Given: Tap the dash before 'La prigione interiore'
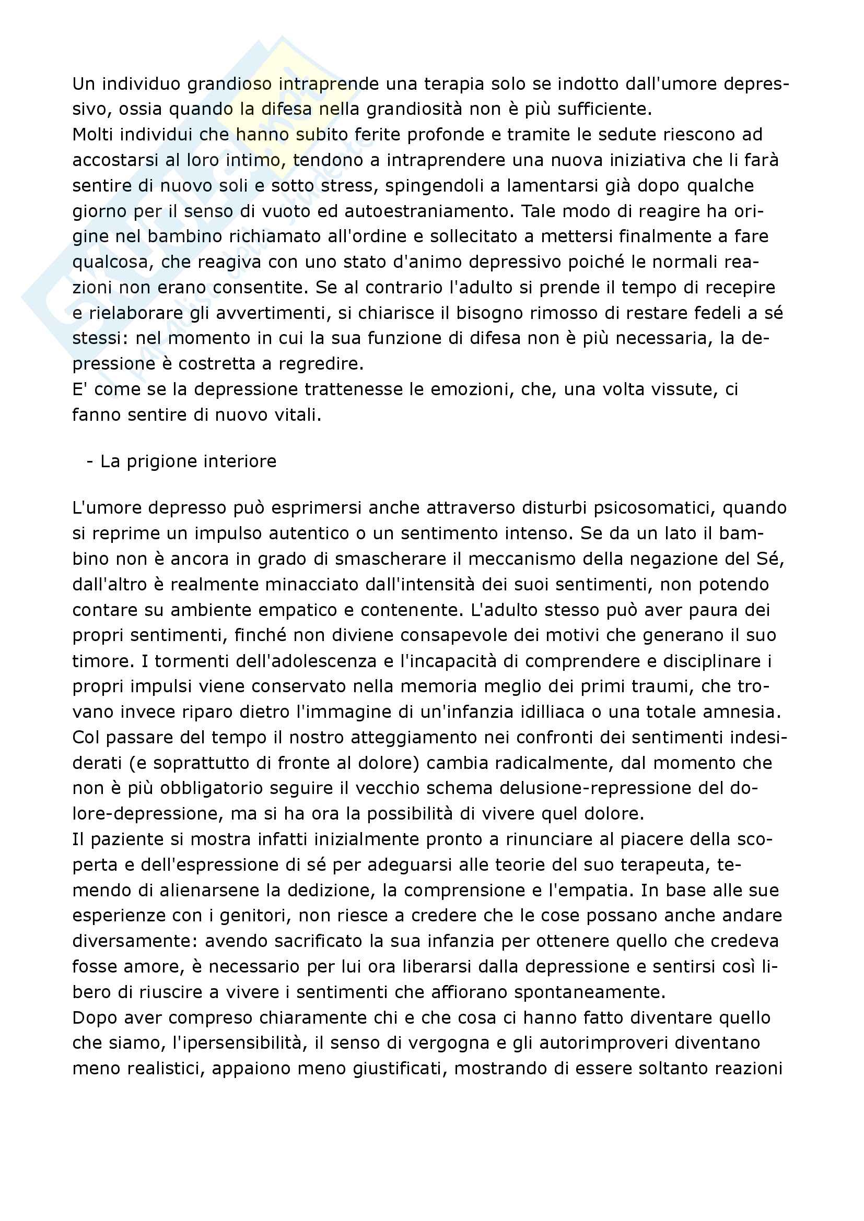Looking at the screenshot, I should pos(90,461).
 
